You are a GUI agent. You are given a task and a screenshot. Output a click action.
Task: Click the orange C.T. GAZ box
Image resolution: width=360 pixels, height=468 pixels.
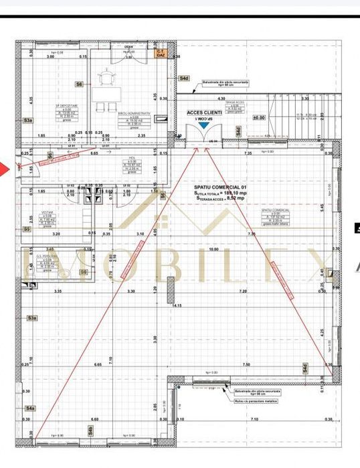[x=160, y=54]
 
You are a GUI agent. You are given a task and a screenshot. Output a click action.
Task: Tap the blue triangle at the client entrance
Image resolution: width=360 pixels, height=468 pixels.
[x=201, y=116]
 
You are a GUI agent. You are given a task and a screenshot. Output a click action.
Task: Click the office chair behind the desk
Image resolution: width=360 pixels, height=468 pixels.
[x=106, y=80]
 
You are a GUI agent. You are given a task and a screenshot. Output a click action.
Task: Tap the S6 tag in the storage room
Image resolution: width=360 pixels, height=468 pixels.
[x=78, y=85]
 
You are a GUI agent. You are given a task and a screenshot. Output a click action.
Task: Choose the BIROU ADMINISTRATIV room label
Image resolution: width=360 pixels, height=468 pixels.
[x=132, y=114]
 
